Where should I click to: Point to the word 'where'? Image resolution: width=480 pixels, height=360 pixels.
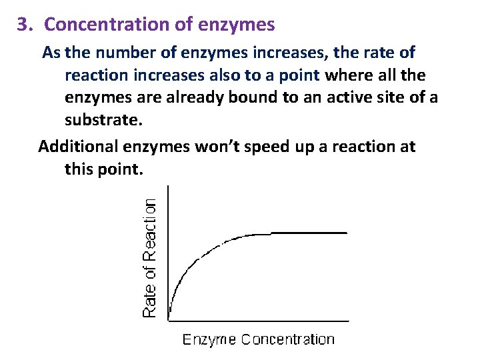349,75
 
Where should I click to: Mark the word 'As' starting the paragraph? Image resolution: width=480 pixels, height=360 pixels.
51,52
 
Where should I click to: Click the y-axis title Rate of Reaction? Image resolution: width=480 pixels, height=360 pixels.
151,257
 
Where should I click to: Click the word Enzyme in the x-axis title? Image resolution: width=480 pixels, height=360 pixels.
209,339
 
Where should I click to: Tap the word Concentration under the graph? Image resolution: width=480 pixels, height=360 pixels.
288,339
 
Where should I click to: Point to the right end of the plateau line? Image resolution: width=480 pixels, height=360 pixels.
347,233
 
